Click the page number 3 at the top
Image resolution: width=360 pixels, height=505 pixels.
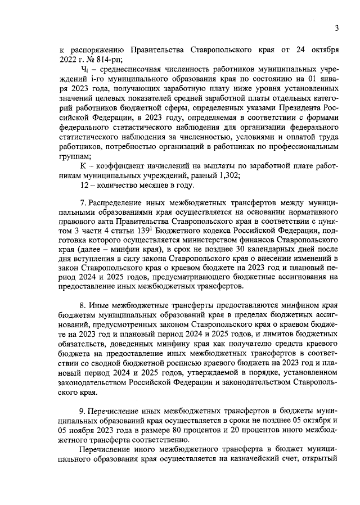pos(336,28)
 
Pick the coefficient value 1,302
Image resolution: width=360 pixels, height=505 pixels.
pos(229,175)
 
